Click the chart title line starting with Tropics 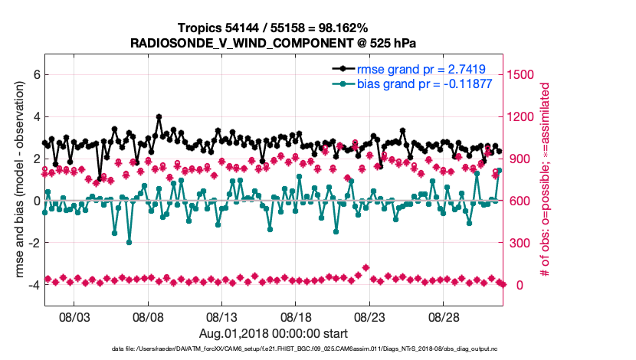pos(274,28)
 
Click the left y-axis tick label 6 pos(34,75)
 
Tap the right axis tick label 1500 pos(524,75)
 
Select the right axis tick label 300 pos(521,243)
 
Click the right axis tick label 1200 pos(524,117)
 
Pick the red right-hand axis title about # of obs pos(546,180)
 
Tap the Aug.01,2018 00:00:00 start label pos(274,333)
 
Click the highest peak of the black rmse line pos(159,117)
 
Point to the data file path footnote pos(274,349)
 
